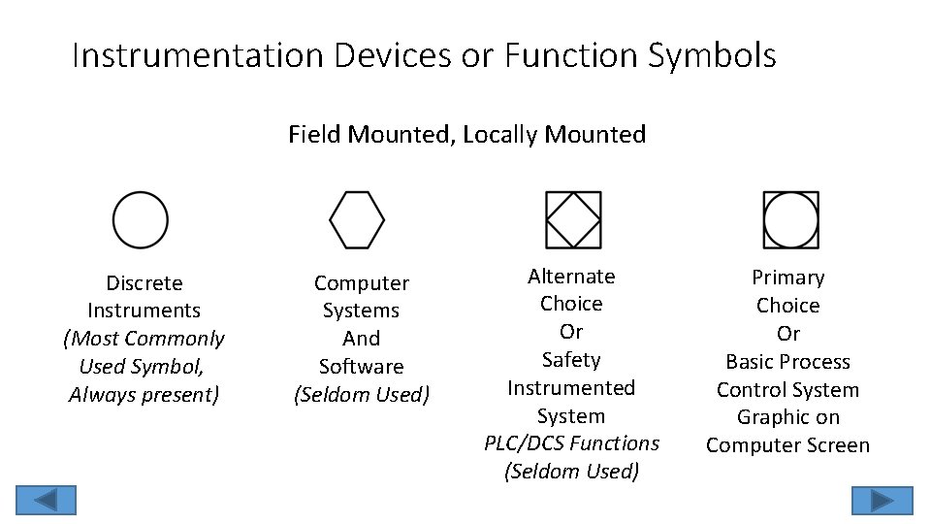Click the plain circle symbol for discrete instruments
pos(141,219)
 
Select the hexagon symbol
pos(357,219)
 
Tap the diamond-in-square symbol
pos(573,219)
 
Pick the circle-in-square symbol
pos(790,219)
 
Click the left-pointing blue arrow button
pos(45,500)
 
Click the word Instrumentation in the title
pos(199,55)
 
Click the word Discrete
pos(144,283)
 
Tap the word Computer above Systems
pos(361,283)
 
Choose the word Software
pos(361,367)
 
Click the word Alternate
pos(571,277)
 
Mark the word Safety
pos(571,360)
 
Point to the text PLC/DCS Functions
pos(571,443)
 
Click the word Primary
pos(787,278)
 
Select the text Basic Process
pos(787,362)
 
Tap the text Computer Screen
pos(787,445)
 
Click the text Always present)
pos(144,395)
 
